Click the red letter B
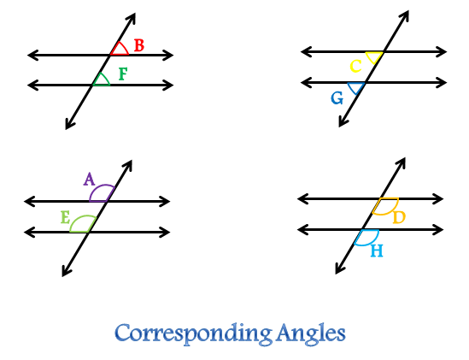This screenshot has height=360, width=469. coord(139,45)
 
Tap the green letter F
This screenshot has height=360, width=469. coord(123,74)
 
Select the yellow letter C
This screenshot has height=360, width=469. coord(355,66)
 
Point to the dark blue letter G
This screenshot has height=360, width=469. coord(337,98)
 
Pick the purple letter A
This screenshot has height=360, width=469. coord(89,179)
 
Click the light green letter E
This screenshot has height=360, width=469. coord(65,217)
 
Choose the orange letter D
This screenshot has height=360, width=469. coord(399,217)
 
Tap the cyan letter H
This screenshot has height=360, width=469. coord(377,251)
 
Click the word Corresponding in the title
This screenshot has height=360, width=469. coord(193,334)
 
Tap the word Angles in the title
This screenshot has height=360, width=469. coord(311,333)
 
